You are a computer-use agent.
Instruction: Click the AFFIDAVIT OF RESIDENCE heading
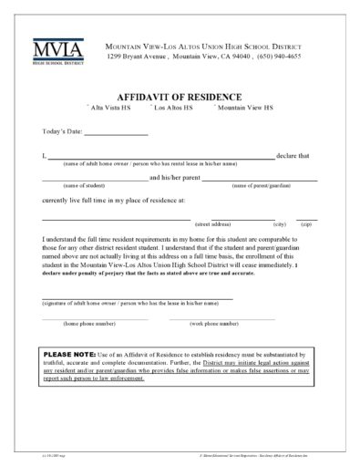click(179, 96)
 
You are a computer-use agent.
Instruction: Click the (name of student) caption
click(72, 185)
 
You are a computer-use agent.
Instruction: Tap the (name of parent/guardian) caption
click(262, 185)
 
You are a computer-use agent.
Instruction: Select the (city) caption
click(280, 223)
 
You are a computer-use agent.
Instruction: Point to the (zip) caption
click(307, 223)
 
